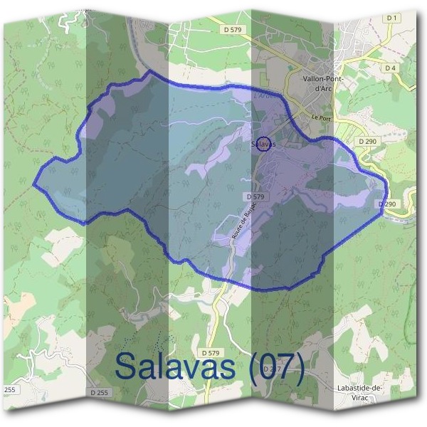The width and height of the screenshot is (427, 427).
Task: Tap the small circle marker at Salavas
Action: pos(263,144)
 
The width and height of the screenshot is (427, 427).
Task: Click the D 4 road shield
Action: pos(389,68)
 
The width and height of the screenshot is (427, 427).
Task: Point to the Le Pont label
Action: pos(322,117)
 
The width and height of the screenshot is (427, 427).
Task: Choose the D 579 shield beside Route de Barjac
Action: pos(255,196)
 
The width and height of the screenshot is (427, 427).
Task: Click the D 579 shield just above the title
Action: pos(211,352)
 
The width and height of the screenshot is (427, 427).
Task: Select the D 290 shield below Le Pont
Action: pos(367,142)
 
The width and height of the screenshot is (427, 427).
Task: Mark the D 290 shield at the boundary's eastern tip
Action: pos(387,204)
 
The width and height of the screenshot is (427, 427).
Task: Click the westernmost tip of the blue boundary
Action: pos(34,184)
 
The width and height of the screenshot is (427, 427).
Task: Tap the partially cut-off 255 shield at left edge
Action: pos(9,390)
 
